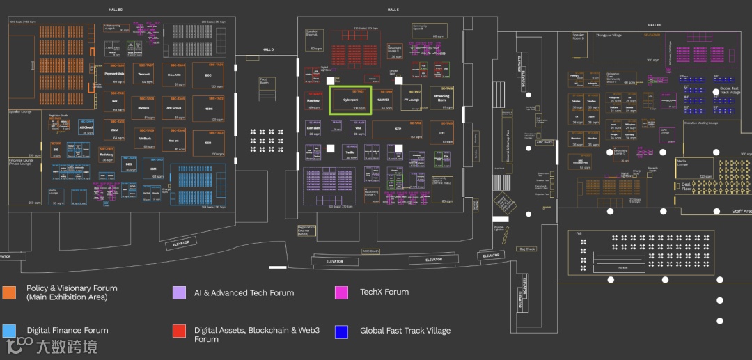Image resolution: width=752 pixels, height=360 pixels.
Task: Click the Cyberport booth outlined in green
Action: [351, 100]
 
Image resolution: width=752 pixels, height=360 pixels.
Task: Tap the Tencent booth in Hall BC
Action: [146, 75]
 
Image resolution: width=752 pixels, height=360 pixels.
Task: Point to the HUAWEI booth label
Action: [383, 100]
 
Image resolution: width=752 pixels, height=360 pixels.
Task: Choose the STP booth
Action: [398, 130]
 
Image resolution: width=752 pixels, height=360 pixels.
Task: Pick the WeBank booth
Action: [146, 138]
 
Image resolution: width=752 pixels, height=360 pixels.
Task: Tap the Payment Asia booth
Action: [114, 75]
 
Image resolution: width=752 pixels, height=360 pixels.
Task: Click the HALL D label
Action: [268, 50]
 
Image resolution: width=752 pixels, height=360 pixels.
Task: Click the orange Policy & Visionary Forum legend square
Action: [9, 292]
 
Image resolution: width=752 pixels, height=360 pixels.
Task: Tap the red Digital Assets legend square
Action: [179, 331]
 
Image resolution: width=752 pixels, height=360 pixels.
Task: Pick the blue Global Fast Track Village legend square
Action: [341, 331]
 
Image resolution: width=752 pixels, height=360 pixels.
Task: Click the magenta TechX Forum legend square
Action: [341, 292]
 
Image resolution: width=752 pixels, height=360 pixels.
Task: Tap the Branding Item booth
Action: [441, 98]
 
